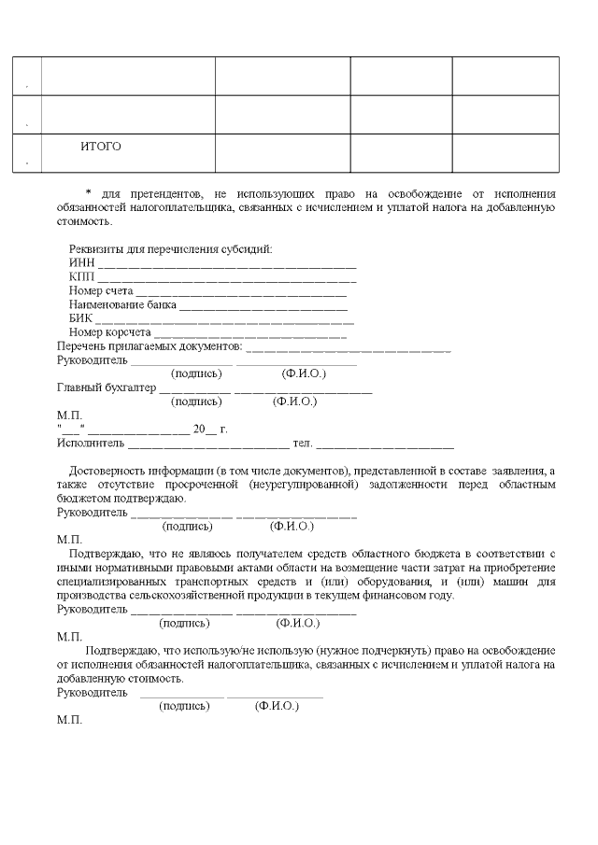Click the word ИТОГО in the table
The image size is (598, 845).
101,147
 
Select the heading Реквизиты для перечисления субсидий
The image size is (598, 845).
170,248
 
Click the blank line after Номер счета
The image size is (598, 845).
227,292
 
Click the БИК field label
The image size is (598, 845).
80,317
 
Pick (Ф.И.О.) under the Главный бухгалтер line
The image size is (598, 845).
294,401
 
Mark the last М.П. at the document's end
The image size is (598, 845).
69,721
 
